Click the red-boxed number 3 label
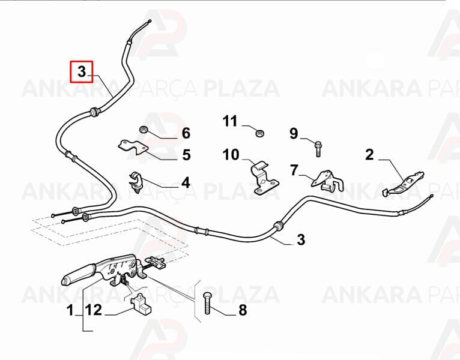[82, 71]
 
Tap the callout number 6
[186, 133]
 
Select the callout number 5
[187, 155]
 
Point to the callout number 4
[186, 182]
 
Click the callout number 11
[230, 121]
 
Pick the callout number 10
[231, 155]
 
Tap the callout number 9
[294, 133]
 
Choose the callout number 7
[294, 170]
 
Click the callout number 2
[370, 154]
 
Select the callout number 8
[243, 310]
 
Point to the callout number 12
[94, 310]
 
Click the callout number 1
[70, 310]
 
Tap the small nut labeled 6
[143, 129]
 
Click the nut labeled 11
[259, 133]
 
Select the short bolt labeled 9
[318, 149]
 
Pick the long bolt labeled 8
[207, 303]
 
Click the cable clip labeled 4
[135, 181]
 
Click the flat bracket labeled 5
[133, 148]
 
